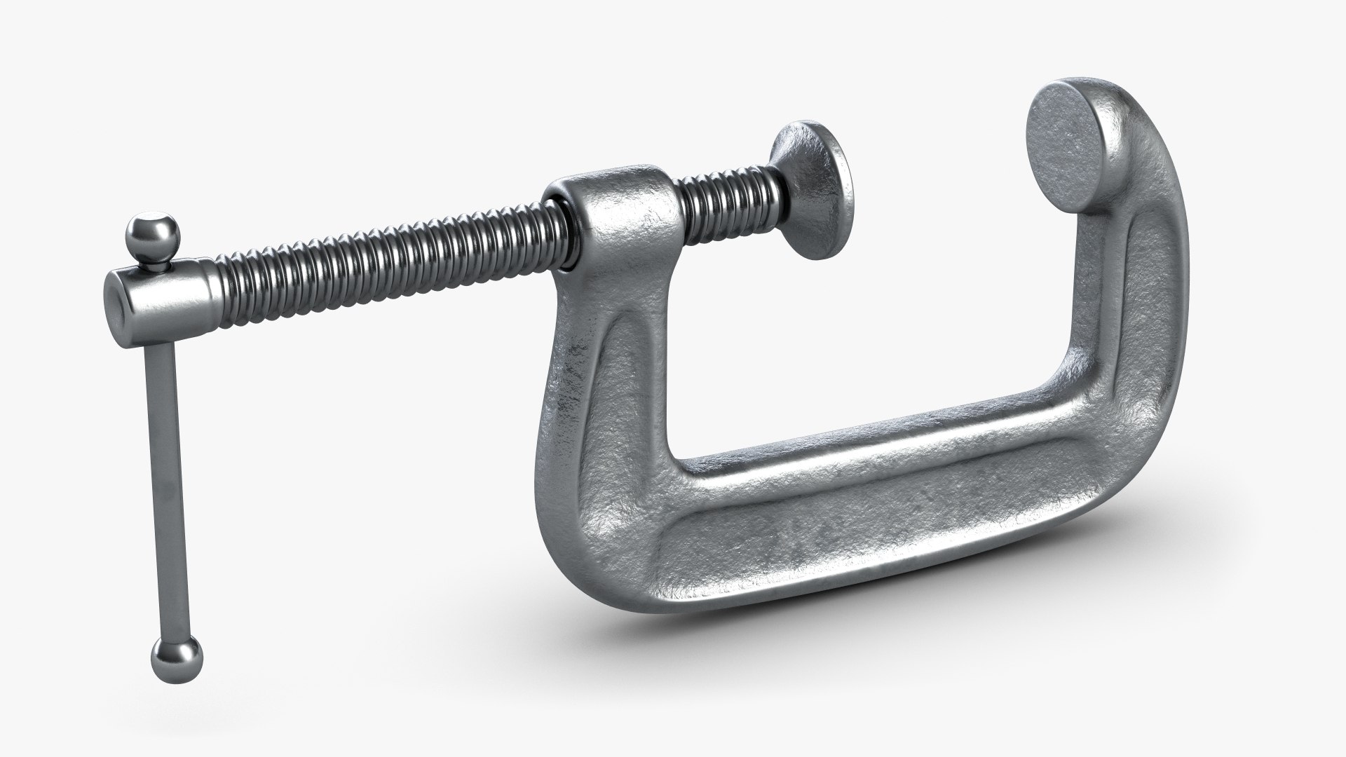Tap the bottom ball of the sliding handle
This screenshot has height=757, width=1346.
click(176, 662)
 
